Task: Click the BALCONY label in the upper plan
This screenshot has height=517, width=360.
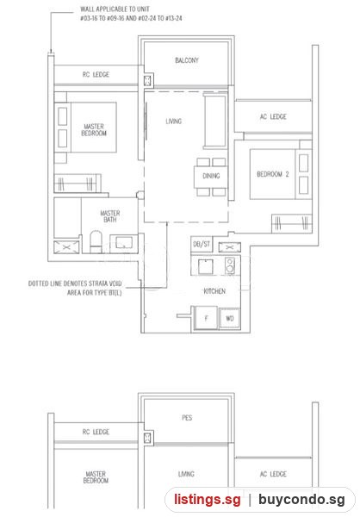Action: click(x=187, y=60)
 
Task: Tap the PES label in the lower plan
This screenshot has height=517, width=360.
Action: click(x=187, y=418)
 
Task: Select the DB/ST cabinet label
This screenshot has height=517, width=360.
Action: click(x=202, y=245)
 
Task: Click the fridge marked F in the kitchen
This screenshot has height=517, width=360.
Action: click(x=206, y=318)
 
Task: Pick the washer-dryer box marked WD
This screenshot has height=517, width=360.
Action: click(x=229, y=318)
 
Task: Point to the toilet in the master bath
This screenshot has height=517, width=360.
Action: click(x=96, y=241)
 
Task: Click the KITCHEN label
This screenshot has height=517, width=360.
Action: click(x=214, y=291)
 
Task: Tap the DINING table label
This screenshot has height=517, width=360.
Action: click(x=211, y=176)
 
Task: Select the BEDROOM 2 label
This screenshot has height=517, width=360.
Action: click(x=273, y=174)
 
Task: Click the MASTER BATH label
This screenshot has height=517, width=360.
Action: click(x=110, y=216)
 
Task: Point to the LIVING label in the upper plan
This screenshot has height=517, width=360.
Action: click(x=174, y=121)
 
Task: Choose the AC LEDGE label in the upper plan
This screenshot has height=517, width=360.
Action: click(x=273, y=116)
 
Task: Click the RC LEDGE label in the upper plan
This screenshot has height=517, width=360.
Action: click(x=96, y=74)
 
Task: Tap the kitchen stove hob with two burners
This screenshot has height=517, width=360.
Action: click(x=230, y=265)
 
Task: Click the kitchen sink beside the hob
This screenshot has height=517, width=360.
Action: click(x=205, y=266)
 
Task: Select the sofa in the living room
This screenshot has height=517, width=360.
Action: click(x=215, y=121)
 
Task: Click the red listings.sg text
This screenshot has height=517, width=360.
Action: click(x=208, y=500)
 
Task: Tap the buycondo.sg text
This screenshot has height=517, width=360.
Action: click(x=301, y=500)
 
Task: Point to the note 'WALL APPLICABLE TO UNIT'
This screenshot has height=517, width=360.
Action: click(x=115, y=9)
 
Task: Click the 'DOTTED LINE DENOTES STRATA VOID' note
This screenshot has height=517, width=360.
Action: click(x=75, y=283)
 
